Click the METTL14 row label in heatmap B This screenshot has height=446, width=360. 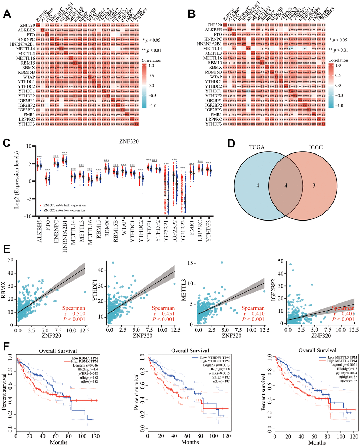coord(212,48)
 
